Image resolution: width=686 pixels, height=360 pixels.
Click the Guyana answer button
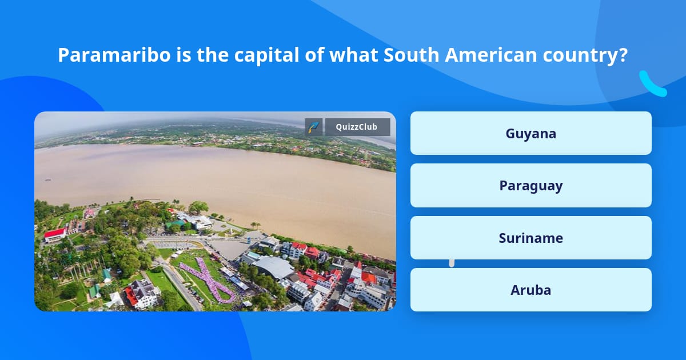[x=531, y=133]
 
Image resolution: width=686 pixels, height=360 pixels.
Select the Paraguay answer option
[x=531, y=186]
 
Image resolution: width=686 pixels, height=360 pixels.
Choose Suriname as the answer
[x=531, y=238]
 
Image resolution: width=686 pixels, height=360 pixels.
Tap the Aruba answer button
[x=531, y=290]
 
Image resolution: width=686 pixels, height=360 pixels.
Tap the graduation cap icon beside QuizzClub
[x=314, y=127]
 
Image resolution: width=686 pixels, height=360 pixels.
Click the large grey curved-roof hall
[x=273, y=266]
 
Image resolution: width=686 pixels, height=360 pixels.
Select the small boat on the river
[x=47, y=179]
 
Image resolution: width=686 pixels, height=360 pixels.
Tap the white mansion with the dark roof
[x=142, y=293]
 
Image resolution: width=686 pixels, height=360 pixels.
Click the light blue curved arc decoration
[x=652, y=84]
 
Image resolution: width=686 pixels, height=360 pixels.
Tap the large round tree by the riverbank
[x=198, y=207]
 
